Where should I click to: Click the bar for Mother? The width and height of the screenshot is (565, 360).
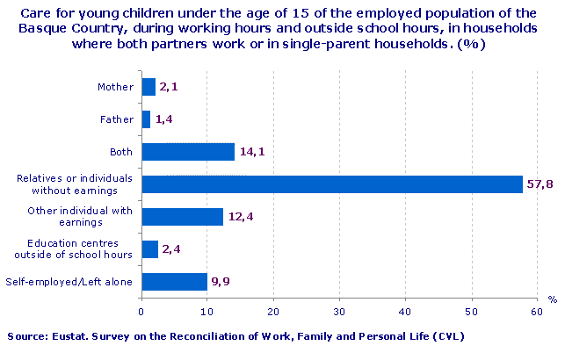148,87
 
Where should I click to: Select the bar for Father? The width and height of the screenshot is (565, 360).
146,119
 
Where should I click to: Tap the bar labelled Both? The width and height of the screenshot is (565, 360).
188,152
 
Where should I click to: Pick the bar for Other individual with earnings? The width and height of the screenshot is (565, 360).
182,217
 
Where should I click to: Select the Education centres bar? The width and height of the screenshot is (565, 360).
149,249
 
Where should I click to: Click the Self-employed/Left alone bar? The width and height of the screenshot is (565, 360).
174,282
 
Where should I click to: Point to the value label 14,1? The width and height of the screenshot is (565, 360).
253,152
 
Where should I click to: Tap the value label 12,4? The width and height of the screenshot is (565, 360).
242,217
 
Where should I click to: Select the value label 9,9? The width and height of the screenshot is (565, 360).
221,282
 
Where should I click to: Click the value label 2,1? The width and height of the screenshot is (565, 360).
170,87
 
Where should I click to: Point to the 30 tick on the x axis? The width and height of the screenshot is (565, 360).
339,310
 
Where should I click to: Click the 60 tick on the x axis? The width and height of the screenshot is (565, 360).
537,310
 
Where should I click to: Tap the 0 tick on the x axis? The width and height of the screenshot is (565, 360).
141,310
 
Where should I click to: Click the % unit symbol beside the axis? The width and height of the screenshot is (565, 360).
553,299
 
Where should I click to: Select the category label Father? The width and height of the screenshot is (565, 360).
117,119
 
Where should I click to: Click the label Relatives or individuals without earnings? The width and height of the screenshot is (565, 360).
75,184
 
